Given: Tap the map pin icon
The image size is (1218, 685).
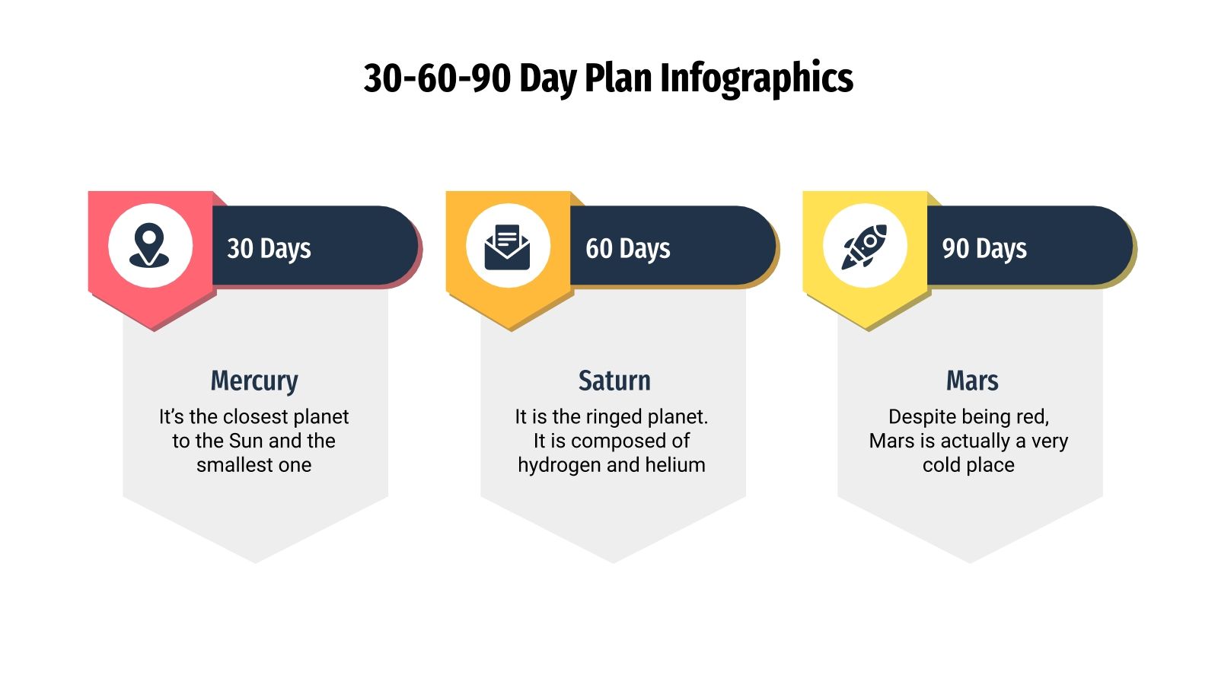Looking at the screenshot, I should tap(149, 245).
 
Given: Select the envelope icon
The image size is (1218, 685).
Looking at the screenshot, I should tap(508, 246).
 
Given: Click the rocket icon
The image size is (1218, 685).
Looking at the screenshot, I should tap(865, 246).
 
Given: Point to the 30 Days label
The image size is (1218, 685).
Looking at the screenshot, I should tap(269, 248).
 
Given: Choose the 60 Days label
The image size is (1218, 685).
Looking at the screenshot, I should tap(627, 248).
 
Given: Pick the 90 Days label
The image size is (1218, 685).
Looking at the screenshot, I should tap(984, 248).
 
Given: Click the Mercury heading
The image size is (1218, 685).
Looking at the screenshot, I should tap(254, 381).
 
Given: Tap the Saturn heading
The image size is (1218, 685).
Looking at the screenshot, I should tap(614, 381).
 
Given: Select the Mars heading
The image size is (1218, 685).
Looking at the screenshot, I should tap(972, 381).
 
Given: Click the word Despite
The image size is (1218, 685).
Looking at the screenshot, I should tap(919, 417).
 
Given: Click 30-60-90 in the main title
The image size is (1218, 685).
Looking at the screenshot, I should tap(437, 78).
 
